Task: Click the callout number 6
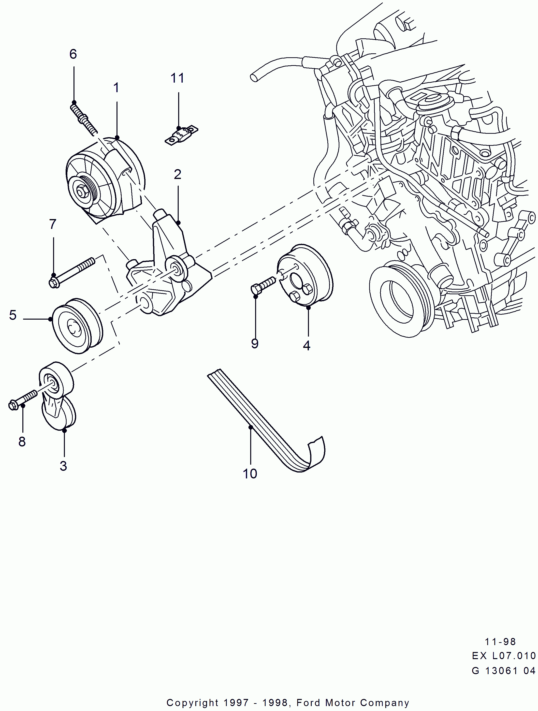(73, 54)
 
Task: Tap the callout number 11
(177, 78)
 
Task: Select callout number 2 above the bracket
(177, 175)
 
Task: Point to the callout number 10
(250, 474)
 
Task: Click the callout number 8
(22, 442)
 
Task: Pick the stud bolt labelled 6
(83, 118)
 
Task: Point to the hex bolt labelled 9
(262, 285)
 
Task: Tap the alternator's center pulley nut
(80, 192)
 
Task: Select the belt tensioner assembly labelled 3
(57, 395)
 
